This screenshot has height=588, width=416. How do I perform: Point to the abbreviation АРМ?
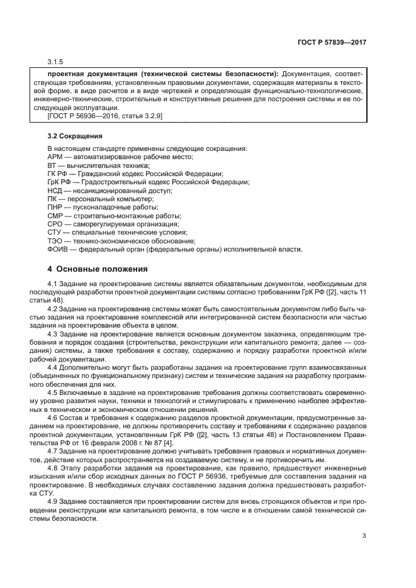pos(55,157)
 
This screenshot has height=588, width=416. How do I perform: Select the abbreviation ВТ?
pos(52,165)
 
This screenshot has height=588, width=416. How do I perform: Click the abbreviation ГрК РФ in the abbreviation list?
pos(59,182)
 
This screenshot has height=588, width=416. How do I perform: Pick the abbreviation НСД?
pos(55,190)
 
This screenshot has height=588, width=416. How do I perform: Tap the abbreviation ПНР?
pos(55,207)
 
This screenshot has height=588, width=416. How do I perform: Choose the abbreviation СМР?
pos(55,216)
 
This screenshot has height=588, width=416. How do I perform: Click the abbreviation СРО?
pos(55,224)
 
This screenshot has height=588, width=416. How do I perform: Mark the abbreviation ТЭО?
pos(55,241)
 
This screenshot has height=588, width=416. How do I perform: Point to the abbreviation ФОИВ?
pos(58,249)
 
